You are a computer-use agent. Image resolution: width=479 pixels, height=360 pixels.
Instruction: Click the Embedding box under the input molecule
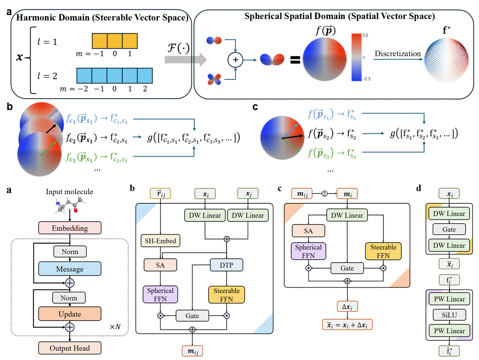coord(70,228)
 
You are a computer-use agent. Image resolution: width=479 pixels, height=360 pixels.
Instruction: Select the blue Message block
coord(70,269)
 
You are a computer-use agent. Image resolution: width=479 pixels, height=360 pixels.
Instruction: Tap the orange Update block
coord(70,314)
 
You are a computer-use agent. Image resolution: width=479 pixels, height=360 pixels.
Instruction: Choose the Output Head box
coord(70,348)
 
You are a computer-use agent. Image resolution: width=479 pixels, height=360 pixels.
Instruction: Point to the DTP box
coord(226,265)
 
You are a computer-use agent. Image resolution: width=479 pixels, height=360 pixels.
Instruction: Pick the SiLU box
coord(449,315)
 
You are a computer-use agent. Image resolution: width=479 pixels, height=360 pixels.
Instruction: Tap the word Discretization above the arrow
coord(398,54)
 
